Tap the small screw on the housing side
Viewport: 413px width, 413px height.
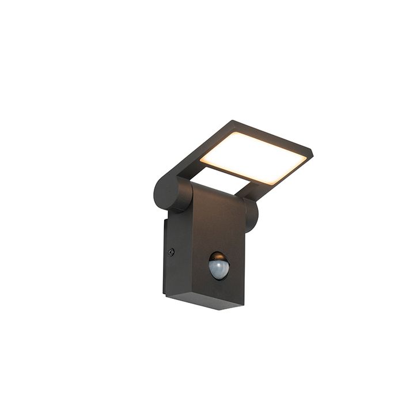click(x=171, y=252)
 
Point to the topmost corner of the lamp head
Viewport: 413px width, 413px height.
click(x=233, y=121)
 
